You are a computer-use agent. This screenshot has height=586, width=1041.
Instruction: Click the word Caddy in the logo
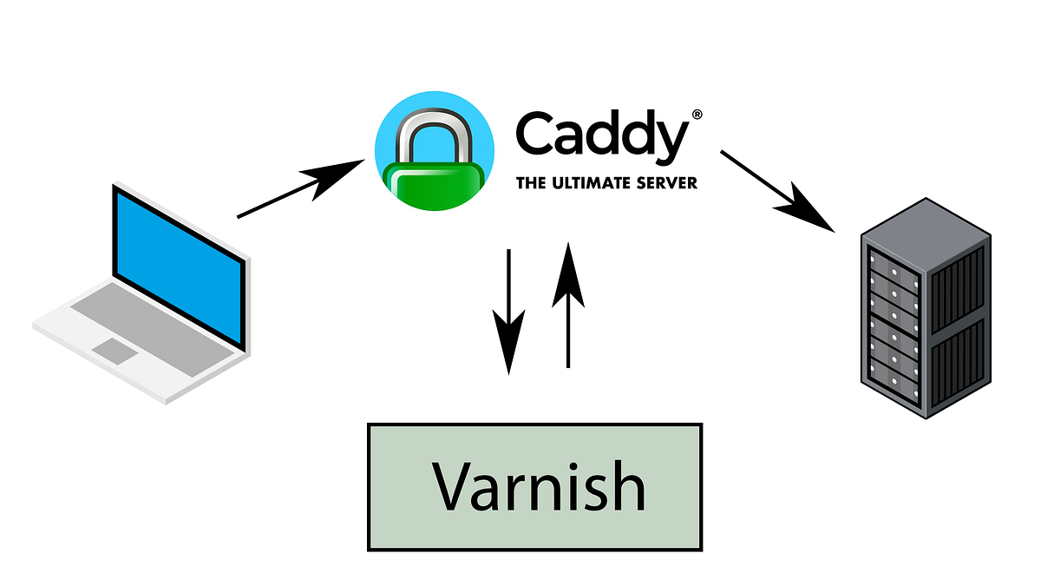602,137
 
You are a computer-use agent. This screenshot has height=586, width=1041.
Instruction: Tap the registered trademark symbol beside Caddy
696,115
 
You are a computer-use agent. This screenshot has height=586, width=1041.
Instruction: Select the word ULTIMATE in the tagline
589,183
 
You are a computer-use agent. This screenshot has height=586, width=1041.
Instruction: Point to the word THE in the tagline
530,183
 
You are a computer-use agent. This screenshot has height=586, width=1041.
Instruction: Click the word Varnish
538,486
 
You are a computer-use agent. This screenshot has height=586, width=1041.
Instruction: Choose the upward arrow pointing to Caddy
568,304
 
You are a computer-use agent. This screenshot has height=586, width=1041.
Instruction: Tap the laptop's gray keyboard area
139,313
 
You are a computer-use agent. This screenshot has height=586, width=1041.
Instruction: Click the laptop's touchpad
114,351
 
